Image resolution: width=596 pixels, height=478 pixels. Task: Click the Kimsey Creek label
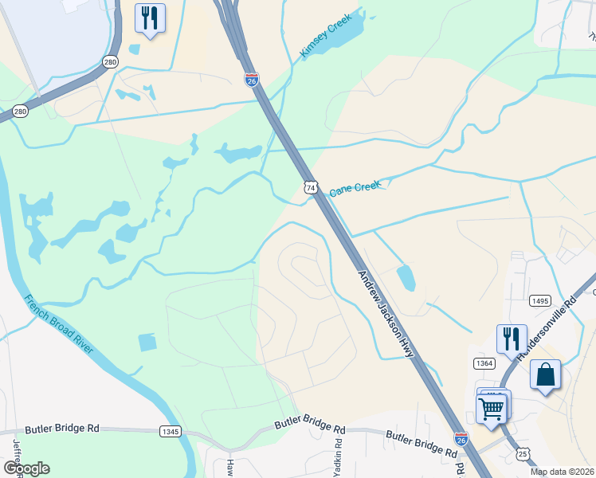[x=325, y=37]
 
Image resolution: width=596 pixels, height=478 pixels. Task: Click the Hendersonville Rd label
[x=547, y=330]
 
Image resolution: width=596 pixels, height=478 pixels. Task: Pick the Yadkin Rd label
[x=338, y=453]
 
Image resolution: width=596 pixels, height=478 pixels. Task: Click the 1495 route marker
[x=539, y=300]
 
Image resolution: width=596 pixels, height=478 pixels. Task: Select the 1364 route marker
[x=484, y=363]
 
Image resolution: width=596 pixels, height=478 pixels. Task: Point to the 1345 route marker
[x=170, y=431]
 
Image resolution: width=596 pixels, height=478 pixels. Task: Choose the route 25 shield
[x=523, y=453]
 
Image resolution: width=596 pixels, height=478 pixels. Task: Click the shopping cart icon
[x=492, y=408]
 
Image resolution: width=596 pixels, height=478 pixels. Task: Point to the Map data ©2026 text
[x=562, y=472]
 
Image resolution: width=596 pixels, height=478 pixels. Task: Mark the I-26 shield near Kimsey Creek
[x=252, y=78]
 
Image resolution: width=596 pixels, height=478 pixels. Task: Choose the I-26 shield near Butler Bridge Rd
[x=461, y=438]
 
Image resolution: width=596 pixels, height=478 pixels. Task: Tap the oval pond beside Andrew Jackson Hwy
[x=406, y=277]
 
